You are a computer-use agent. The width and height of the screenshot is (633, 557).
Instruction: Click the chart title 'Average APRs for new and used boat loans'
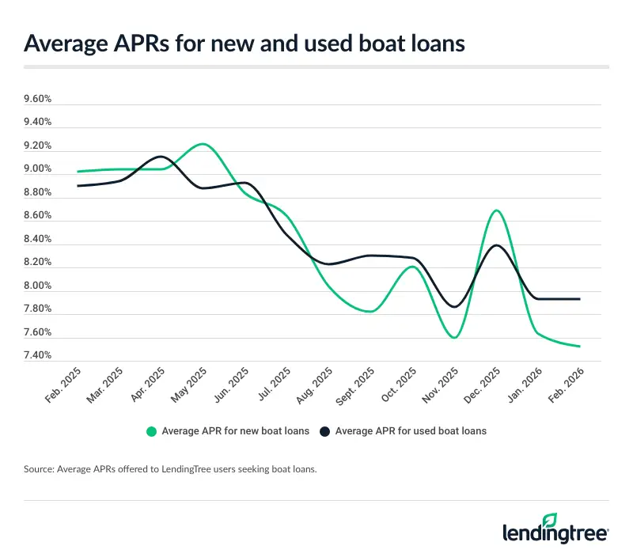tap(244, 44)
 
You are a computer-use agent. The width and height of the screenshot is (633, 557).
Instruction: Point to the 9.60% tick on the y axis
tap(38, 100)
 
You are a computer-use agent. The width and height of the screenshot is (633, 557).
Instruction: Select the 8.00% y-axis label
tap(38, 286)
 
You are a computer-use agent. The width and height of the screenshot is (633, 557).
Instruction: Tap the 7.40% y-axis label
tap(38, 355)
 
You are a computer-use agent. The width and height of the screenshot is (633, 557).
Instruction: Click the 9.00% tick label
tap(38, 169)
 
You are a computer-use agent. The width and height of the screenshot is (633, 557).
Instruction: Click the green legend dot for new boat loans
tap(150, 431)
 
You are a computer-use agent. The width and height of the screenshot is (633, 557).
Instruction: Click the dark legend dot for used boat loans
tap(324, 431)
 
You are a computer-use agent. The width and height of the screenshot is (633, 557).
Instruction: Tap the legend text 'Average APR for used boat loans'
tap(411, 431)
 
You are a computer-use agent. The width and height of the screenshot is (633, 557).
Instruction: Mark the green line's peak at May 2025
tap(203, 144)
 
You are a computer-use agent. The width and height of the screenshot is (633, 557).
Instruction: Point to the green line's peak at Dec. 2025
tap(496, 210)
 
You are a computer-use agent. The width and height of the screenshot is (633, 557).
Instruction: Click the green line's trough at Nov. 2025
tap(454, 338)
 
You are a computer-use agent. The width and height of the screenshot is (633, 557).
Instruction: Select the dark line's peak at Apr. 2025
tap(161, 157)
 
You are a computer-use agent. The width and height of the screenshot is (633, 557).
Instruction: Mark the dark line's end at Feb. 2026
tap(580, 299)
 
